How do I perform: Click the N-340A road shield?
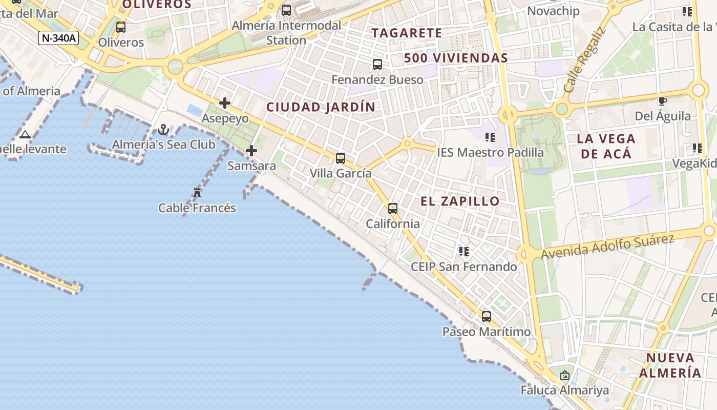pyautogui.click(x=58, y=37)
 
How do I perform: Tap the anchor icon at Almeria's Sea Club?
pyautogui.click(x=163, y=129)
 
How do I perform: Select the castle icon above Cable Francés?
pyautogui.click(x=197, y=193)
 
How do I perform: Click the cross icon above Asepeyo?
pyautogui.click(x=225, y=103)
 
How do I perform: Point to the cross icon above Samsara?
pyautogui.click(x=251, y=151)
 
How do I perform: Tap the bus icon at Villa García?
pyautogui.click(x=341, y=158)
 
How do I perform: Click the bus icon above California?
pyautogui.click(x=393, y=209)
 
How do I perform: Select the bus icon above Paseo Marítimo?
pyautogui.click(x=487, y=317)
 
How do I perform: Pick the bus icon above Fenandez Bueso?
pyautogui.click(x=377, y=65)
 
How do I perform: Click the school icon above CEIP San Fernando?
pyautogui.click(x=464, y=252)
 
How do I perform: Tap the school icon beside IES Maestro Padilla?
pyautogui.click(x=490, y=137)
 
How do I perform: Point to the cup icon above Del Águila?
pyautogui.click(x=662, y=101)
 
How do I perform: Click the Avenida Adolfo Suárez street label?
pyautogui.click(x=607, y=247)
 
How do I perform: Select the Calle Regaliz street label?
pyautogui.click(x=584, y=59)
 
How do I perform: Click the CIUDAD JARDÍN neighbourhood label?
pyautogui.click(x=321, y=107)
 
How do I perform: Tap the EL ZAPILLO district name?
pyautogui.click(x=460, y=201)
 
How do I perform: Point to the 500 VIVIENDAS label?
pyautogui.click(x=456, y=58)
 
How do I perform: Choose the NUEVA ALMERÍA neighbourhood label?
pyautogui.click(x=670, y=365)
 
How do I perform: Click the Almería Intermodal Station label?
pyautogui.click(x=286, y=32)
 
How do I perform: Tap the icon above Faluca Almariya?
pyautogui.click(x=565, y=375)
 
